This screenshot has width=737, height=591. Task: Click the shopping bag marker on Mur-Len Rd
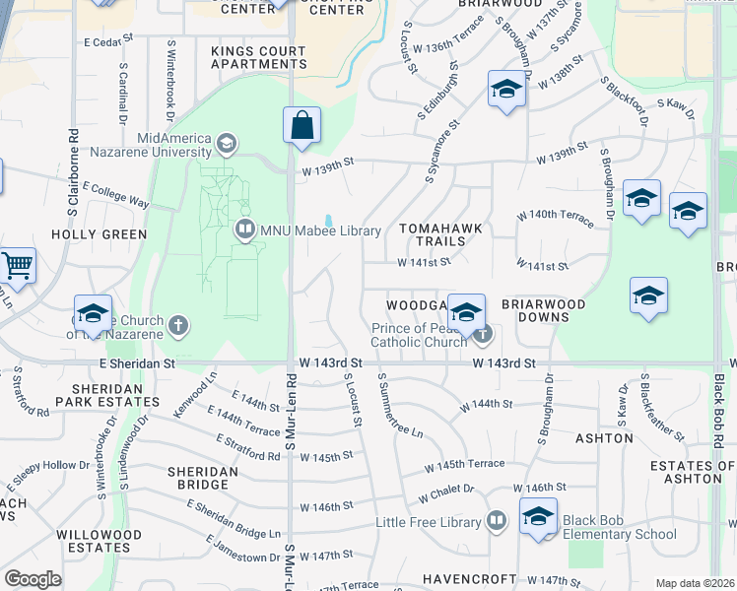[x=302, y=127]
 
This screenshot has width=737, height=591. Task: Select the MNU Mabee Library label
[x=320, y=230]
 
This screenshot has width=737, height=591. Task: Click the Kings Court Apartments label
[x=259, y=56]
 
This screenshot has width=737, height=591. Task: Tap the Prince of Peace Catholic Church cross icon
[x=482, y=335]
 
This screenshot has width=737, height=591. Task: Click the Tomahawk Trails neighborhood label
[x=440, y=235]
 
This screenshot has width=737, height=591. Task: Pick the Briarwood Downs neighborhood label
[x=536, y=311]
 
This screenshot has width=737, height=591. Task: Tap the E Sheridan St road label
[x=137, y=363]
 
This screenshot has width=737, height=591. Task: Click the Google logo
[x=33, y=579]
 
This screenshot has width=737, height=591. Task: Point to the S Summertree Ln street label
[x=400, y=407]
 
